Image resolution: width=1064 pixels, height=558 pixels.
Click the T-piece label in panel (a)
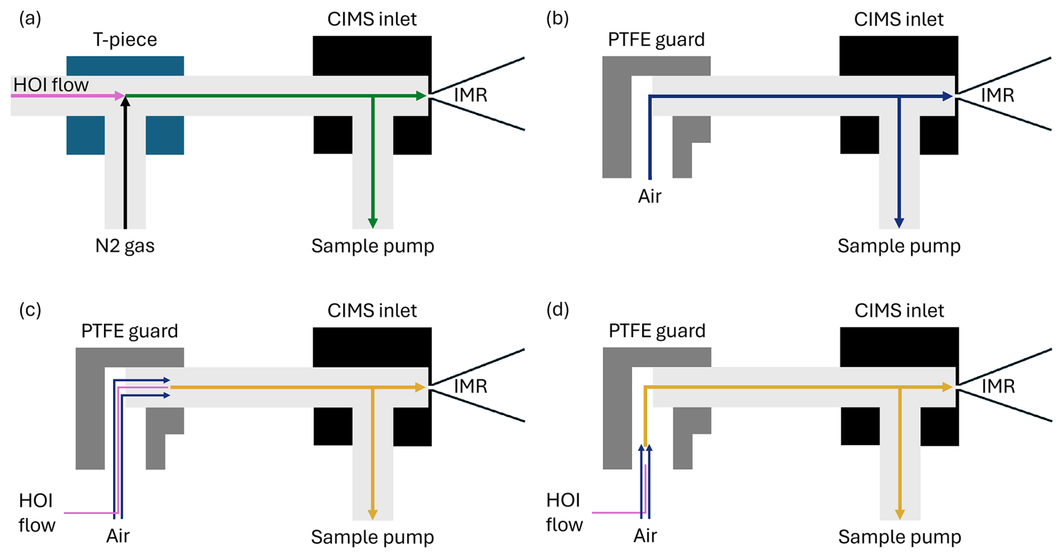coord(125,39)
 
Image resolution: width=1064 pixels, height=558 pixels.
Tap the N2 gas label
coord(125,246)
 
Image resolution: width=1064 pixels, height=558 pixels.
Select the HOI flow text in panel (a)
coord(51,85)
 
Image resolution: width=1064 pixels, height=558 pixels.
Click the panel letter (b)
coord(557,19)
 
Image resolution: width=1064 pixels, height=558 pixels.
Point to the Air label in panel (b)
coord(650,196)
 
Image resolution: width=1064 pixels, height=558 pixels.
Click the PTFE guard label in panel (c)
coord(129,331)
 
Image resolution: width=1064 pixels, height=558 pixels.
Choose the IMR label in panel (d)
coord(998,386)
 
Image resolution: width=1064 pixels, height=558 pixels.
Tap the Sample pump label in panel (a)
coord(373,246)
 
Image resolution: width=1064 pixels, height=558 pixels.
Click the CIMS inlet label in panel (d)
coord(899,310)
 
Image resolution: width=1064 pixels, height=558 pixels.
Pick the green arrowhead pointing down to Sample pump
coord(372,223)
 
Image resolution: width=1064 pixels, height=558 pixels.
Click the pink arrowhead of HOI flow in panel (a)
coord(120,96)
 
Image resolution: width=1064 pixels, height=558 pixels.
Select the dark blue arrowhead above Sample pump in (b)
coord(899,223)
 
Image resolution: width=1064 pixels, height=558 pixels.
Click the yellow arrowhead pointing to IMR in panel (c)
coord(420,387)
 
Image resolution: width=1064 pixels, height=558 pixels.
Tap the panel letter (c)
coord(30,310)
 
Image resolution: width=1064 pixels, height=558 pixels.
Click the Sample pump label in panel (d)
coord(899,537)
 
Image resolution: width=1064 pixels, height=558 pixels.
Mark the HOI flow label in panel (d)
coord(565,512)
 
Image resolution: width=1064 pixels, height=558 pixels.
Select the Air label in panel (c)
coord(118,536)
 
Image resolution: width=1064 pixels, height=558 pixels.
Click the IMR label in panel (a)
coord(471,94)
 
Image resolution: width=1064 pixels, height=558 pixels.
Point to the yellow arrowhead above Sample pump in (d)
coord(900,514)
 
